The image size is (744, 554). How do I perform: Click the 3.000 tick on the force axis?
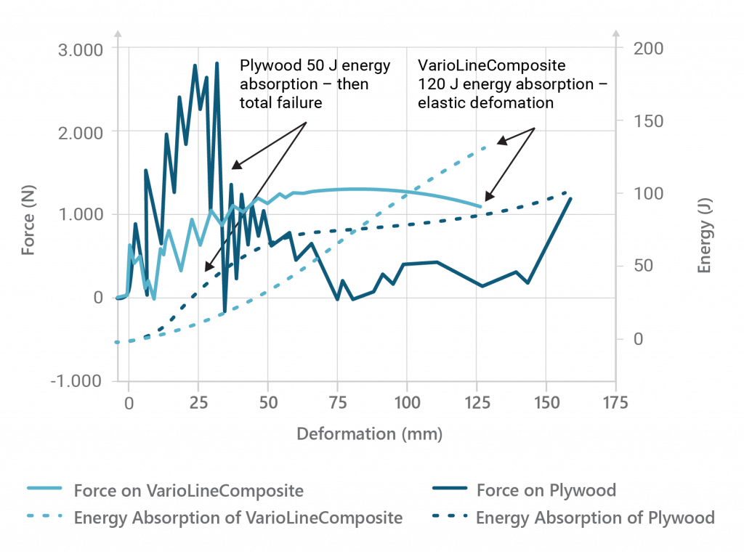coord(81,49)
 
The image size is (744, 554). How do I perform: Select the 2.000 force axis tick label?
coord(81,132)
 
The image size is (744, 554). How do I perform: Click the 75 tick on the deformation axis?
coord(337,404)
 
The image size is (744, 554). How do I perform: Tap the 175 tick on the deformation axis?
coord(615,404)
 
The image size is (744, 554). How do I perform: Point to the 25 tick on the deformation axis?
coord(198,404)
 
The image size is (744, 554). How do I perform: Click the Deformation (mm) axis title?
coord(369,433)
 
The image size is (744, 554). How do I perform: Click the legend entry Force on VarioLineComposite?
coord(188,490)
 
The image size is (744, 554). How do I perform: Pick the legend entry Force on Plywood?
coord(546,490)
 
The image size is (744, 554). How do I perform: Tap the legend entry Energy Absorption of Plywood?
coord(595,518)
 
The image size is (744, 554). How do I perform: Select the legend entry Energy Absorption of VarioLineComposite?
coord(238,518)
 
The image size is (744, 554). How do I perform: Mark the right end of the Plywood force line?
coord(571,197)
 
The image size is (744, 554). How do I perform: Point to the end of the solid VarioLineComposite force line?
coord(480,207)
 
